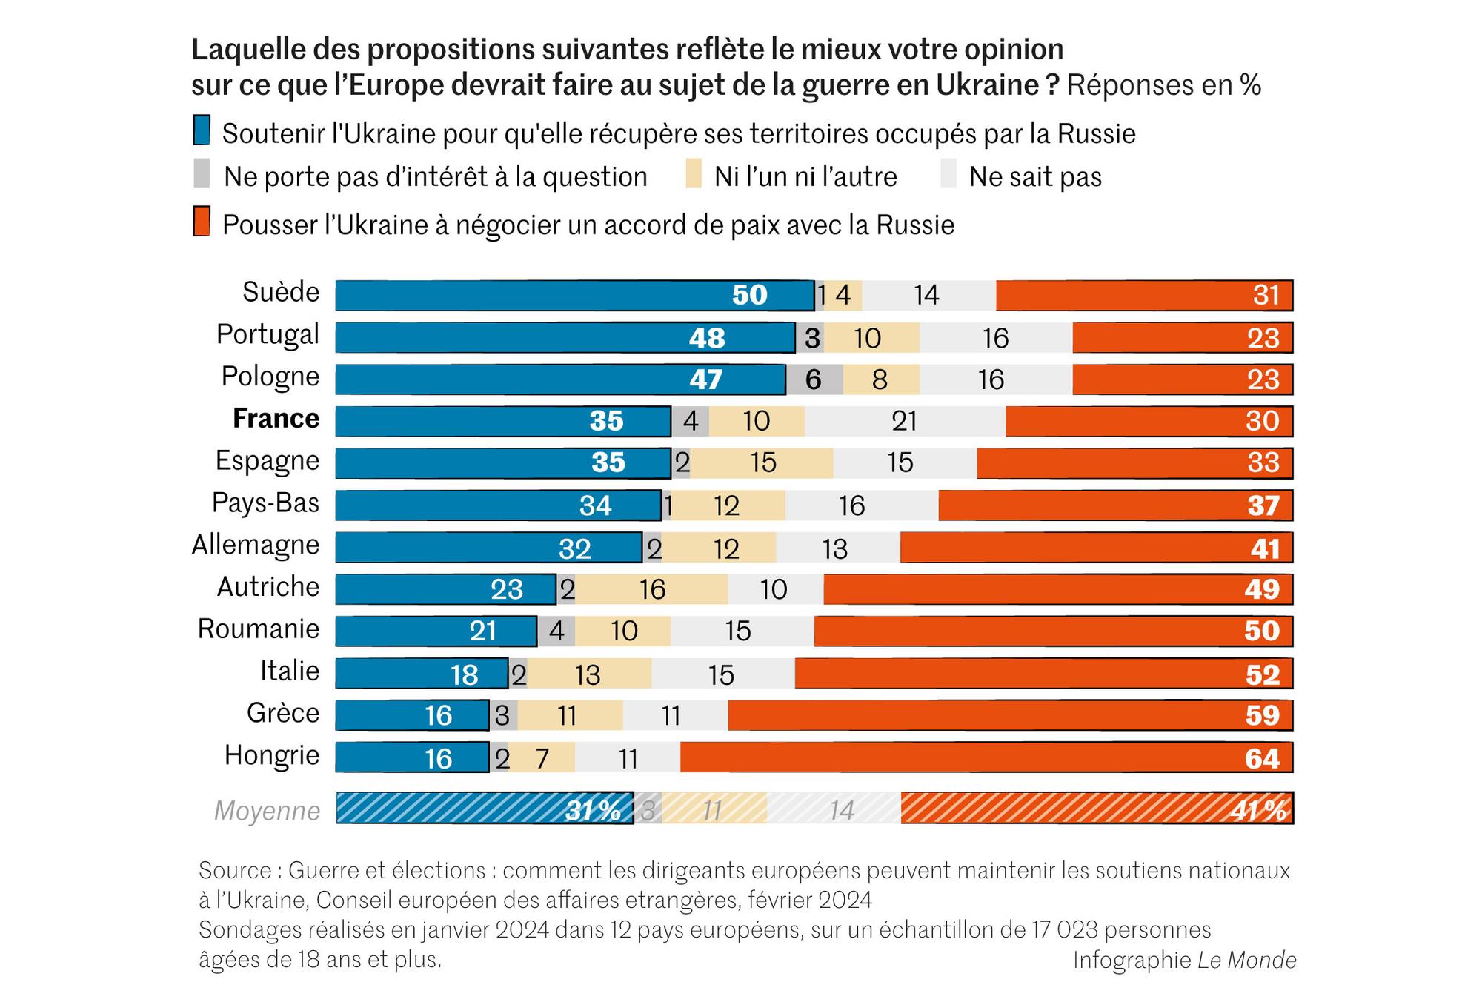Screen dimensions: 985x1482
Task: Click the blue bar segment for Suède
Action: point(574,295)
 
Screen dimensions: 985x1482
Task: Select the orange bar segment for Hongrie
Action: point(986,757)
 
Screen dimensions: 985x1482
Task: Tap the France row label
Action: point(276,419)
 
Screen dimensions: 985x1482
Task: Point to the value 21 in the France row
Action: point(905,421)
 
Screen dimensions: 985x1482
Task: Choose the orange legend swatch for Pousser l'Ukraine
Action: point(202,222)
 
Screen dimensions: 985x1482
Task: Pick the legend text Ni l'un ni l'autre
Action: point(805,177)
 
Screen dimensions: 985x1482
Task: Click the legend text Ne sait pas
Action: point(1035,177)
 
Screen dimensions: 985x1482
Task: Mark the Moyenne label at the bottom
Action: point(267,811)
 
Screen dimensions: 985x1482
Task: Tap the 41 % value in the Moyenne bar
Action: point(1259,811)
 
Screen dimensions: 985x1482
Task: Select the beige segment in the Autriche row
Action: point(652,589)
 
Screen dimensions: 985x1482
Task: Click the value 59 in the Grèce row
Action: point(1263,715)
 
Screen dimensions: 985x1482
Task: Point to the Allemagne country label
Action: point(256,545)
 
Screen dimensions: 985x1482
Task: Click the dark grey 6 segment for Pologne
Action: point(814,379)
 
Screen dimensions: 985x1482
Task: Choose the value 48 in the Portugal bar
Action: point(707,338)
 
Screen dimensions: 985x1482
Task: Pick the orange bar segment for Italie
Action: point(1043,674)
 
